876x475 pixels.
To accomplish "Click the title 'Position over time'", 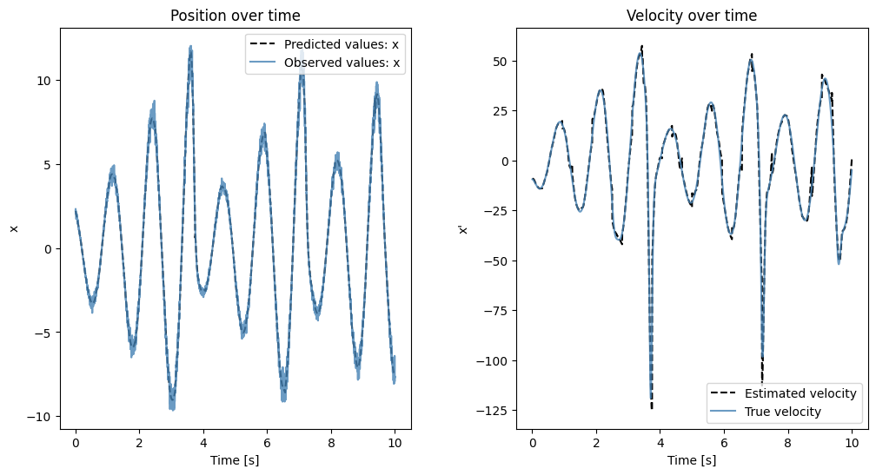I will coord(236,16).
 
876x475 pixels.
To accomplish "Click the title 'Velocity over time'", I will coord(691,16).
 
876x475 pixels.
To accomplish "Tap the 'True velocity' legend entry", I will coord(782,412).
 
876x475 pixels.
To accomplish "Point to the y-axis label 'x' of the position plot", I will coord(14,228).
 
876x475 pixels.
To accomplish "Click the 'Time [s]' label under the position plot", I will coord(236,460).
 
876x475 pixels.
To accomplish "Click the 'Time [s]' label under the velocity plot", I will coord(691,460).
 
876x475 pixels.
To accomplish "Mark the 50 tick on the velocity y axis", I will coord(501,62).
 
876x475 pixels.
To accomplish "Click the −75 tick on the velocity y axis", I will coord(499,311).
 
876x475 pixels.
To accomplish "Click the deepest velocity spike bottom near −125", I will coord(652,406).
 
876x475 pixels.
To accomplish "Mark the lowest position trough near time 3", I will coord(172,407).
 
